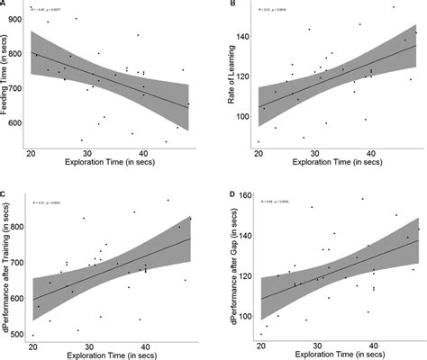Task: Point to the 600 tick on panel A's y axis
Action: tap(21, 122)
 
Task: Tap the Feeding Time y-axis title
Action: tap(7, 79)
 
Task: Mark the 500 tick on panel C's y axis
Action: tap(21, 335)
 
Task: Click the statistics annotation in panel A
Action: tap(49, 11)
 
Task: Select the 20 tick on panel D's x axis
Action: tap(259, 344)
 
